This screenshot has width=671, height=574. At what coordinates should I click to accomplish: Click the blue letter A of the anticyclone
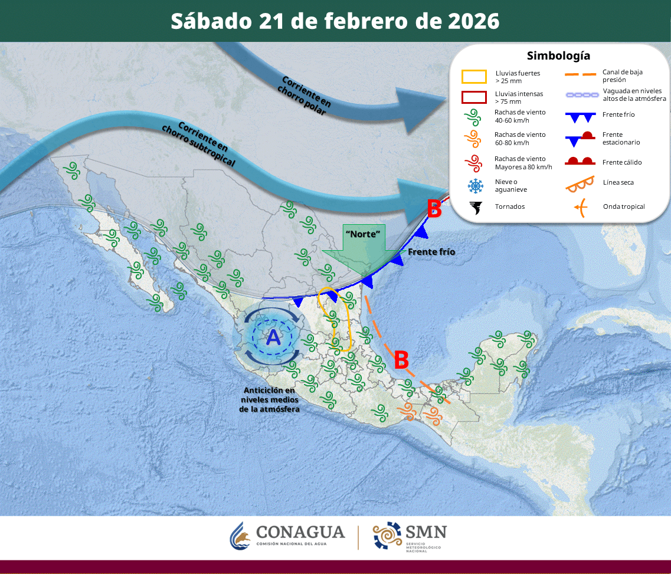tap(273, 337)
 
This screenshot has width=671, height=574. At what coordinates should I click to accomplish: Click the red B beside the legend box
tap(434, 208)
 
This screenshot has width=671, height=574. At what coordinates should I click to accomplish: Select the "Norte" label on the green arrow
tap(362, 234)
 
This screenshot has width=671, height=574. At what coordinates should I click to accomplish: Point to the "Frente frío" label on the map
tap(431, 252)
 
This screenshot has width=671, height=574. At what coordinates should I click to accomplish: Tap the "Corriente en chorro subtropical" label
tap(198, 145)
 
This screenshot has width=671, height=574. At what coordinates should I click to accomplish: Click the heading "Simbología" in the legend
tap(558, 56)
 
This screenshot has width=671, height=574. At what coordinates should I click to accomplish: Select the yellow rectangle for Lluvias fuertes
tap(474, 77)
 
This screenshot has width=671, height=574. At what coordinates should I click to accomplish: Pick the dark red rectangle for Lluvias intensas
tap(474, 97)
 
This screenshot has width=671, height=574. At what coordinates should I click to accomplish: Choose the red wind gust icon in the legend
tap(473, 163)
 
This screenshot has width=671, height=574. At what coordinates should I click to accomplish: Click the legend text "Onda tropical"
tap(624, 206)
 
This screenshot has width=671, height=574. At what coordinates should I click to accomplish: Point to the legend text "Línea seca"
tap(618, 182)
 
